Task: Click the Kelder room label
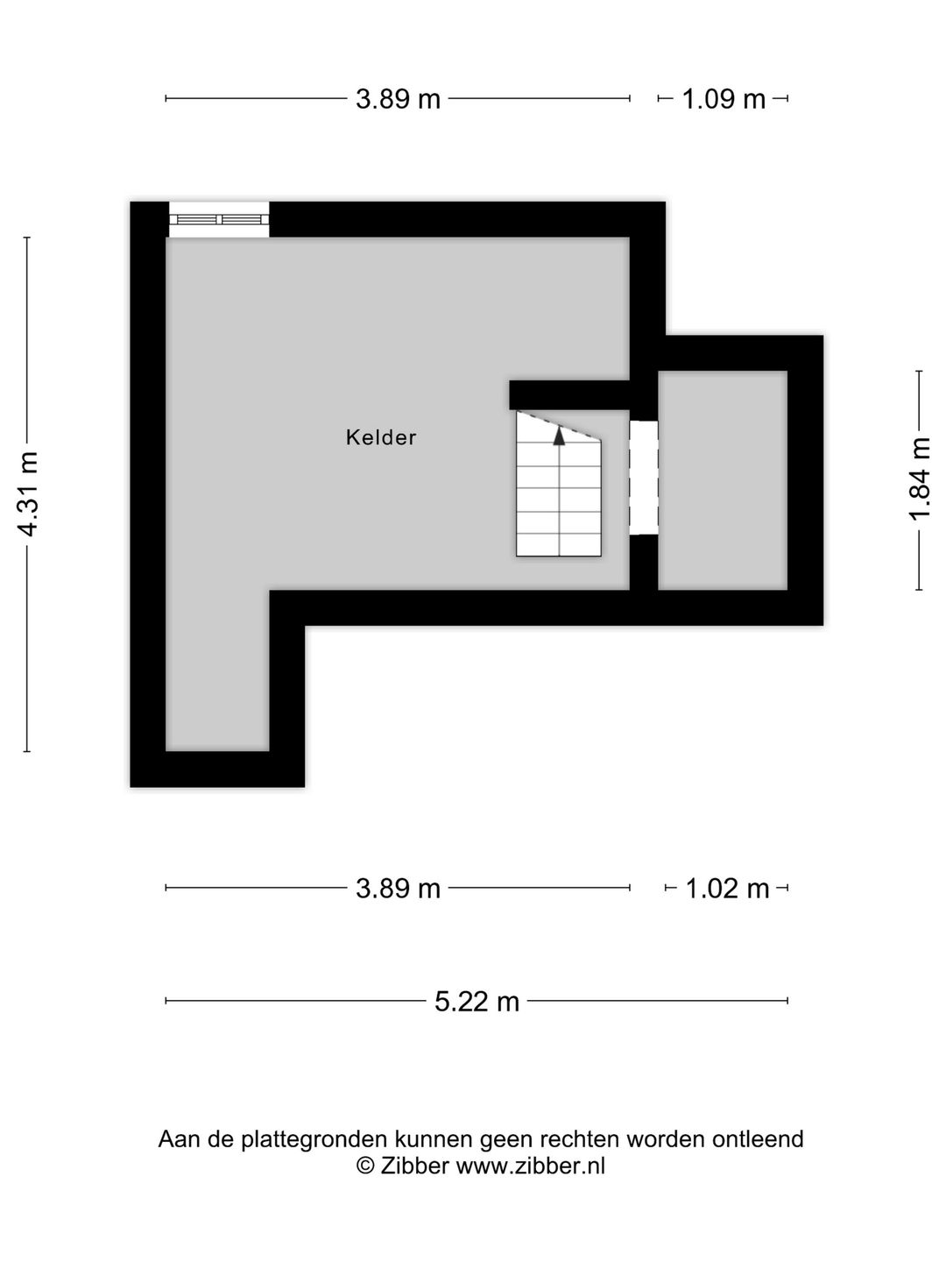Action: pos(381,437)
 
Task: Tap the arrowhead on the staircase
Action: pos(559,435)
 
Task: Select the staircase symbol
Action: pos(559,491)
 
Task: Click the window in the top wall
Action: pos(219,220)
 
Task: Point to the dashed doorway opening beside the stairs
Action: pos(644,478)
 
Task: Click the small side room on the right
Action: pos(723,480)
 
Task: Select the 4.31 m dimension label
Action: pos(28,494)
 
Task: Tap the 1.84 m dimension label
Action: pos(919,479)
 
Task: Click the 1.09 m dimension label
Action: pos(724,99)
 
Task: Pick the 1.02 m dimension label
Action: pos(727,889)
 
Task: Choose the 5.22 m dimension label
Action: pos(477,1001)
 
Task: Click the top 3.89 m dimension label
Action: pos(398,99)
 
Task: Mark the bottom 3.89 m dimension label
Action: pos(398,889)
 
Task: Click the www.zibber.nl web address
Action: pos(531,1166)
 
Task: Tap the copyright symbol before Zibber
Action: pos(365,1166)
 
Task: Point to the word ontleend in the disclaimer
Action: pos(758,1139)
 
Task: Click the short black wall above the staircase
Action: pos(569,394)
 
